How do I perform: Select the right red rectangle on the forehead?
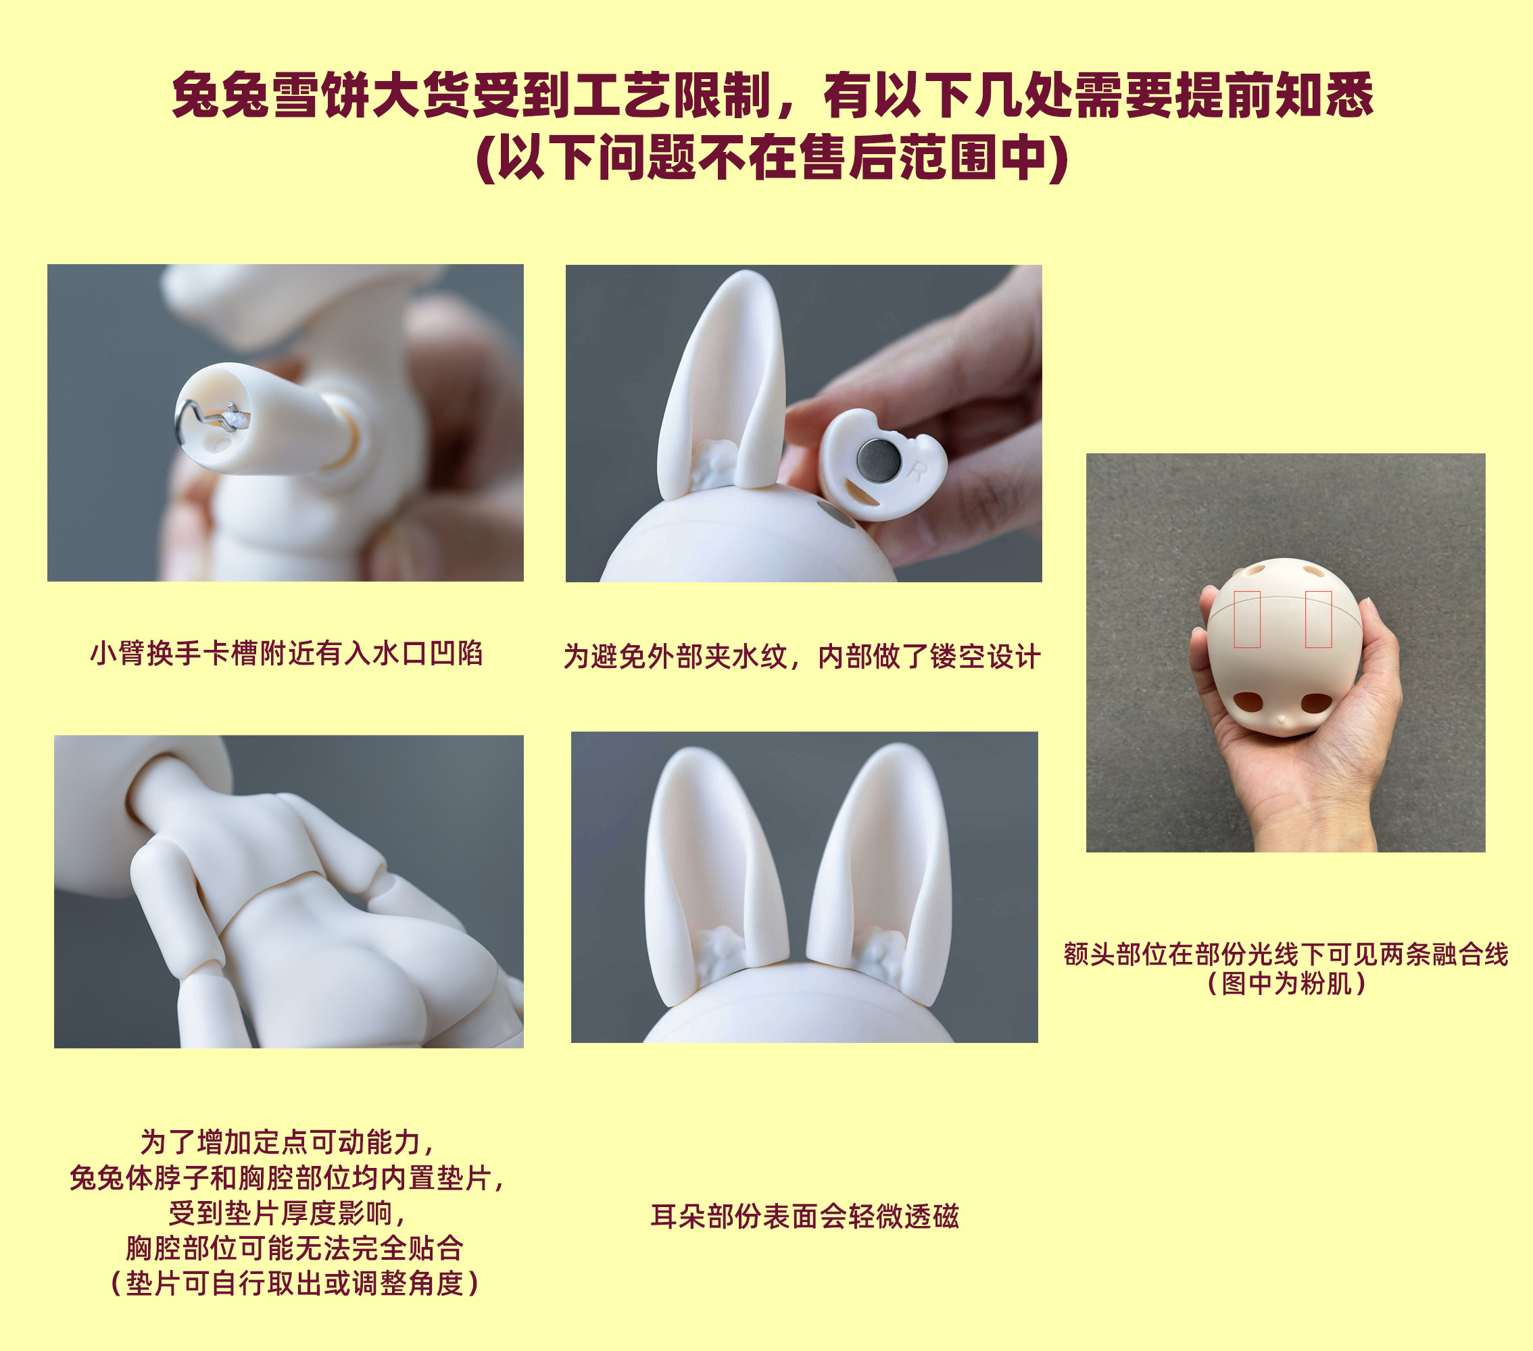pyautogui.click(x=1318, y=619)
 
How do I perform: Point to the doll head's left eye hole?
pyautogui.click(x=1248, y=702)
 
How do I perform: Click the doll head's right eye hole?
pyautogui.click(x=1315, y=703)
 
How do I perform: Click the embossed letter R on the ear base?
pyautogui.click(x=917, y=471)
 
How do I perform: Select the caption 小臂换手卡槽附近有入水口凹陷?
pyautogui.click(x=286, y=653)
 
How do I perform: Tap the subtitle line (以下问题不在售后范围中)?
pyautogui.click(x=773, y=157)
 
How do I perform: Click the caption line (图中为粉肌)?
pyautogui.click(x=1286, y=983)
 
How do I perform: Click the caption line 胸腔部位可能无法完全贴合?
pyautogui.click(x=294, y=1248)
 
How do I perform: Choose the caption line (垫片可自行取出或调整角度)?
pyautogui.click(x=294, y=1283)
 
